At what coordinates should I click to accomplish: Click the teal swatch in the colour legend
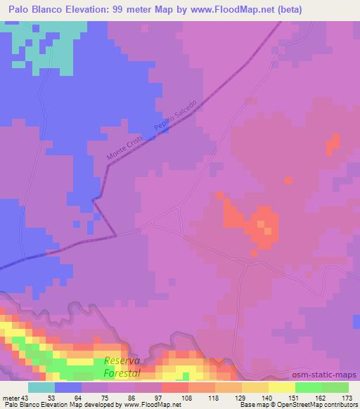(41, 387)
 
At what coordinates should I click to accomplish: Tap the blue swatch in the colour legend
(68, 387)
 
